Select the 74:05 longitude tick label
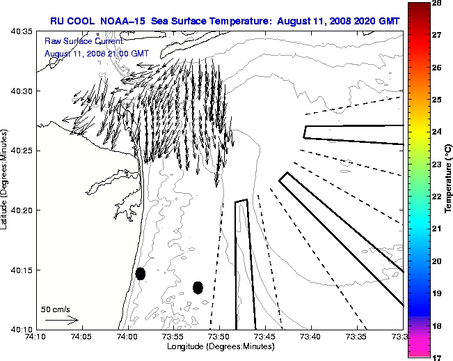click(x=81, y=338)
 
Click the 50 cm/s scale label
click(x=56, y=309)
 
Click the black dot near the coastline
click(x=141, y=273)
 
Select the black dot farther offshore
click(x=198, y=287)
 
